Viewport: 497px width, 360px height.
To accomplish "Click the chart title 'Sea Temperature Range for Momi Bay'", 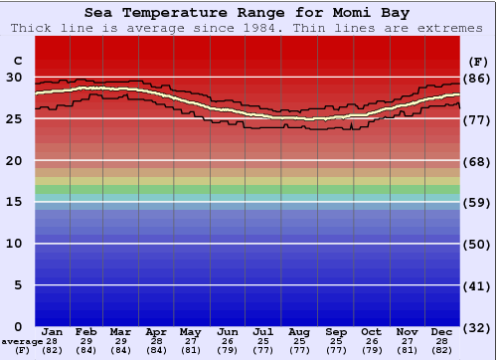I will pos(247,13).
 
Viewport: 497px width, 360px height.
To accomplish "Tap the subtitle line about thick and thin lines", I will pos(248,28).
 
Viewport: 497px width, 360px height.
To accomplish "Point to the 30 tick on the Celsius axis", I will pos(14,78).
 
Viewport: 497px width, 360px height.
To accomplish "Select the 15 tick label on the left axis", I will pos(14,202).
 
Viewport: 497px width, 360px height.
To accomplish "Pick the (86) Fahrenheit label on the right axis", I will pos(478,78).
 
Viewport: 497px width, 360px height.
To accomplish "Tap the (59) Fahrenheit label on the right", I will pos(478,202).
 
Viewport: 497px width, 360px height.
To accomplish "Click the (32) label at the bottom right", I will pos(478,328).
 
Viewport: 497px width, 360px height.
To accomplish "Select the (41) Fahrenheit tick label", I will pos(478,285).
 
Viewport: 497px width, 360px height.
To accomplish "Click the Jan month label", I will pos(53,331).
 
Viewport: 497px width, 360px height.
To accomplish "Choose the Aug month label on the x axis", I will pos(299,331).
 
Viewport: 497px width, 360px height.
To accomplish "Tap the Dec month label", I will pos(442,331).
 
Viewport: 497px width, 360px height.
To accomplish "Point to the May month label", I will pos(189,331).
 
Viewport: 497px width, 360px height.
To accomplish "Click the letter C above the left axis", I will pos(17,60).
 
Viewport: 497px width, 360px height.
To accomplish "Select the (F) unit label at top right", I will pos(477,60).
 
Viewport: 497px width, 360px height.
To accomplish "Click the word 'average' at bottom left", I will pos(22,341).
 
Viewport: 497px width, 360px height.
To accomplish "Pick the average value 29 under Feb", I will pos(86,341).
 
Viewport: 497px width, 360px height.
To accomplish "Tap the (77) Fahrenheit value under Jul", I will pos(263,350).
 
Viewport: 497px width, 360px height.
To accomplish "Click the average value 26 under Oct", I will pos(371,341).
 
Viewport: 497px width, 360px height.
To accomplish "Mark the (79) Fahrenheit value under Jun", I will pos(228,350).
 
